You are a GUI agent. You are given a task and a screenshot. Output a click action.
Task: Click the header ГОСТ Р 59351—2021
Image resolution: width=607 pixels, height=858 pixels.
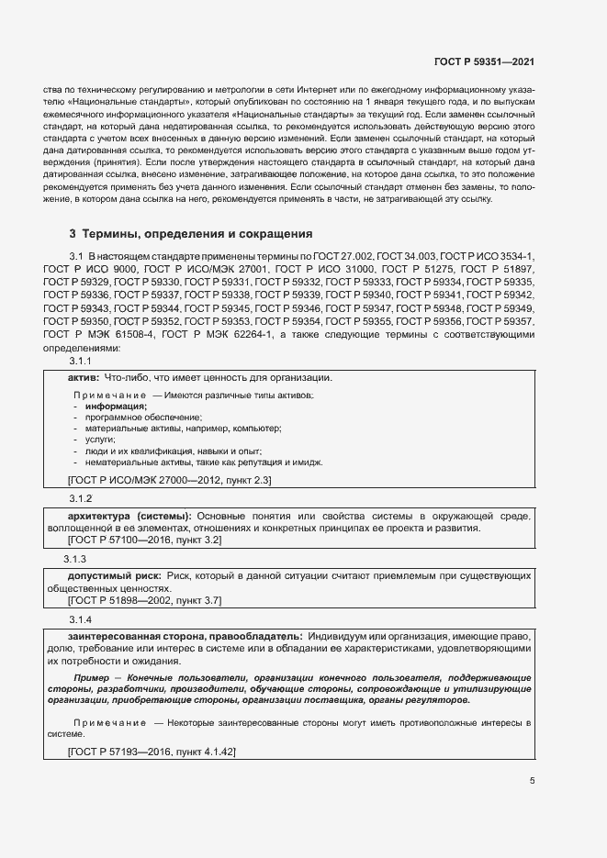tap(483, 61)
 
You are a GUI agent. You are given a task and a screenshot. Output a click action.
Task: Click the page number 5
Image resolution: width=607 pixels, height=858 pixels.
tap(533, 781)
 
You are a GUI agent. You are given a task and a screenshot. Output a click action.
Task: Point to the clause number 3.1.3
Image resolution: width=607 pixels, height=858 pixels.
tap(75, 559)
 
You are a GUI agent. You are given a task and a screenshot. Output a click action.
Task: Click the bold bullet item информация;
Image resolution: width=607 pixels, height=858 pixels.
tap(117, 406)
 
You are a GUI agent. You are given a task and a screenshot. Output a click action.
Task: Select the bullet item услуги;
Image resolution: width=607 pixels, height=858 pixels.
tap(100, 440)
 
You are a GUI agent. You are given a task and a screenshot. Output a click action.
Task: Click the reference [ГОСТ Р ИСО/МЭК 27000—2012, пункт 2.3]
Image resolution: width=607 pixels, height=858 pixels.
tap(169, 479)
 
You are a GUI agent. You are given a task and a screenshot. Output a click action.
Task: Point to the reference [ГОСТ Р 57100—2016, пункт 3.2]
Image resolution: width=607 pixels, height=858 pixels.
tap(144, 540)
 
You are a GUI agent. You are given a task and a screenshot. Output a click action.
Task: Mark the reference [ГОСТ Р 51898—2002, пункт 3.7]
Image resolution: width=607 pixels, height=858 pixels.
tap(144, 600)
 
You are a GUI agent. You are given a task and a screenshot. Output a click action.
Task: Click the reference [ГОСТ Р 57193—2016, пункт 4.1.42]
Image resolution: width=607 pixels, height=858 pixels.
tap(152, 751)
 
